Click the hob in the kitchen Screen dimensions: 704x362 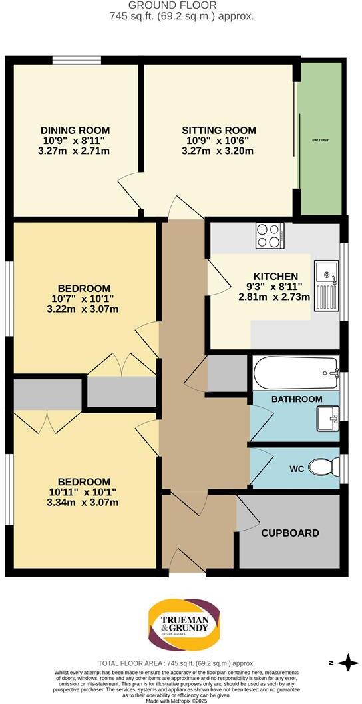pos(270,235)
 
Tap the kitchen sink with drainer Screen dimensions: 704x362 pos(327,283)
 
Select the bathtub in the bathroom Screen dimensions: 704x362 pos(295,373)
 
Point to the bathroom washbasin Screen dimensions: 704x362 pos(328,418)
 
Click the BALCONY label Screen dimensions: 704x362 pos(321,140)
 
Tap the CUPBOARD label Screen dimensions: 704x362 pos(289,533)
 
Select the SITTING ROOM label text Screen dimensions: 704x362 pos(218,130)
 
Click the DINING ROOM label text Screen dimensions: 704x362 pos(75,130)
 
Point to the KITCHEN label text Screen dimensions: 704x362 pos(275,276)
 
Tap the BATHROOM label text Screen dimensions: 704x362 pos(296,399)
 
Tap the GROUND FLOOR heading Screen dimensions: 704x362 pos(181,5)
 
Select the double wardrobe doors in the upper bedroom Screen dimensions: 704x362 pos(122,365)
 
